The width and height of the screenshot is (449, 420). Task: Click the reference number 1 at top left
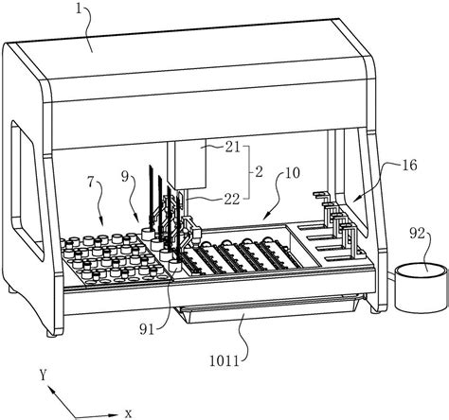point(79,9)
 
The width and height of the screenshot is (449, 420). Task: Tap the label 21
point(233,148)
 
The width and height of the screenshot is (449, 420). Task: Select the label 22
point(232,199)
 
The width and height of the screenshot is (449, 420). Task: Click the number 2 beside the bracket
point(259,172)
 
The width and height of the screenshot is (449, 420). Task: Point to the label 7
point(91,184)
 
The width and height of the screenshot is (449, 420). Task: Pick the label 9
point(125,177)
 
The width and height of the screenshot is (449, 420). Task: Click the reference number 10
point(293,173)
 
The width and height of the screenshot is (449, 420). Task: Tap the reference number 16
point(409,165)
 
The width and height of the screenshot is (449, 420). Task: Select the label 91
point(148,329)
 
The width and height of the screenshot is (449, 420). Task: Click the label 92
point(418,234)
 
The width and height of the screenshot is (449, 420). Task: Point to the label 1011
point(224,360)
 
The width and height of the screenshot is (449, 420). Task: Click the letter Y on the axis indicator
point(43,376)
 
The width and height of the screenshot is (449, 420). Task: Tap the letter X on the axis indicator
point(128,413)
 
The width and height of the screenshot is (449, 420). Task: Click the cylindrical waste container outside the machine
point(422,288)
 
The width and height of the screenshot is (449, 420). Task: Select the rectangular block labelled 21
point(190,165)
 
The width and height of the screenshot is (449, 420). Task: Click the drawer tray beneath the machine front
point(268,310)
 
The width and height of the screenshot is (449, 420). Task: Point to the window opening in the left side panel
point(27,190)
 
